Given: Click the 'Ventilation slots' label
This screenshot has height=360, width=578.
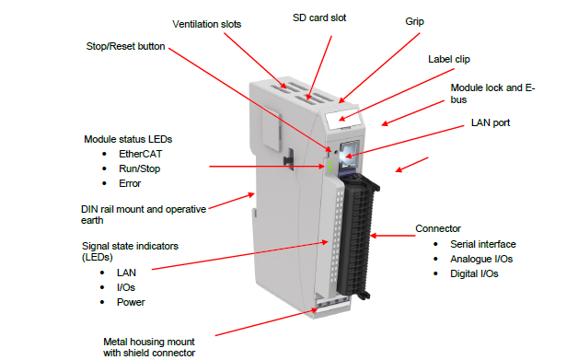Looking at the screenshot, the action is click(x=206, y=24).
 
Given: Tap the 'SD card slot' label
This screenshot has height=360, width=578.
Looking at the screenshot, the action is click(x=319, y=17).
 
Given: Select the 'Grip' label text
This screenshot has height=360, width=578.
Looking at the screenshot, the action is click(x=414, y=22).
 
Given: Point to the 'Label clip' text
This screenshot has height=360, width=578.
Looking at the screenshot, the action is click(x=448, y=59).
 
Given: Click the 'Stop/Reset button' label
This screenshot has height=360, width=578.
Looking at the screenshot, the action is click(x=125, y=46).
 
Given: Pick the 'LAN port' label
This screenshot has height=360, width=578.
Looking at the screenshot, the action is click(x=491, y=122).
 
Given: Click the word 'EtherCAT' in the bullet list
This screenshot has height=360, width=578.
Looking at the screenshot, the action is click(x=141, y=154).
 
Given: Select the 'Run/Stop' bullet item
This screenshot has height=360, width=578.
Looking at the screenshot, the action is click(x=139, y=168).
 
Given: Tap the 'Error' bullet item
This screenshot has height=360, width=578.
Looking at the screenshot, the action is click(x=130, y=184).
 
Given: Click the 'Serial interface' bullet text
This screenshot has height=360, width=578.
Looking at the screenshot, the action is click(x=483, y=244).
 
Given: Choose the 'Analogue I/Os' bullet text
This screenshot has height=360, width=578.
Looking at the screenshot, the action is click(x=481, y=260).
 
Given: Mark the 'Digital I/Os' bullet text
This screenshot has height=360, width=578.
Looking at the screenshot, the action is click(x=474, y=274).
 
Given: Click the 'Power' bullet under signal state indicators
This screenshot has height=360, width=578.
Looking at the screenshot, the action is click(x=131, y=303).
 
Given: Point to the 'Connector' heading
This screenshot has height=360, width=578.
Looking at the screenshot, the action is click(x=438, y=228).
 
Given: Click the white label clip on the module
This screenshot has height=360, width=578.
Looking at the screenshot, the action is click(x=342, y=119).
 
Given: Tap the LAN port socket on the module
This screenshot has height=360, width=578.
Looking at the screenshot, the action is click(x=348, y=156).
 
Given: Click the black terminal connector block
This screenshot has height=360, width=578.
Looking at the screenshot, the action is click(x=358, y=236).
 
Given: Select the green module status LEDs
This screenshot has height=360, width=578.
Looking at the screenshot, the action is click(x=329, y=167).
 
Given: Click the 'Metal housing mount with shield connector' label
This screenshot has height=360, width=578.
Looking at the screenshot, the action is click(x=149, y=347).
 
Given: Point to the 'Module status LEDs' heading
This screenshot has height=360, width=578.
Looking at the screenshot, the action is click(x=128, y=139).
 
